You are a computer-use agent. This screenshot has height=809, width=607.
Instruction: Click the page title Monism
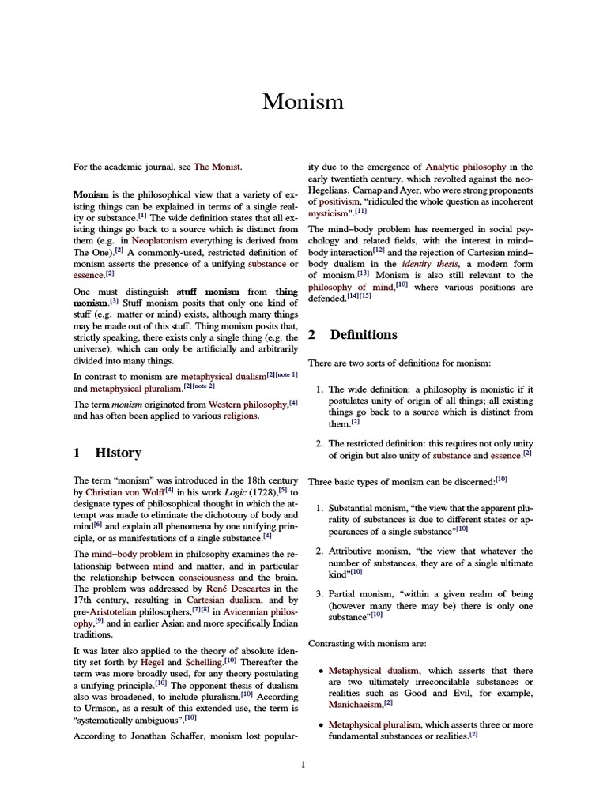click(303, 102)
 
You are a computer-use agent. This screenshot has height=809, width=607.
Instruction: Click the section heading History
click(118, 453)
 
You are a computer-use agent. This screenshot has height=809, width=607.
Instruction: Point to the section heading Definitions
click(363, 335)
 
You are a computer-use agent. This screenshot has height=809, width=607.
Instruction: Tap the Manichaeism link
click(354, 704)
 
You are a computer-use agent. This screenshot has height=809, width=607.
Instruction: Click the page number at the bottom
click(303, 765)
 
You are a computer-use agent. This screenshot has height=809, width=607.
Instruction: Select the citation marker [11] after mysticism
click(360, 212)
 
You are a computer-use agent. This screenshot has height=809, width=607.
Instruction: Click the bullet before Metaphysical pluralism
click(320, 724)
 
